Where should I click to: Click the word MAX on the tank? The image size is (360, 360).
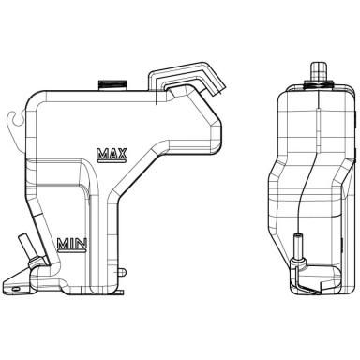pos(112,153)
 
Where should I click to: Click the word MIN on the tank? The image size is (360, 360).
pos(72,244)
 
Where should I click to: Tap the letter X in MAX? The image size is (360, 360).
pos(122,153)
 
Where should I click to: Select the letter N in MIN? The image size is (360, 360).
pos(82,244)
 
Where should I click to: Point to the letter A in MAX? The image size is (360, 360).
pos(112,153)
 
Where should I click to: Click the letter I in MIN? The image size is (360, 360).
pos(72,244)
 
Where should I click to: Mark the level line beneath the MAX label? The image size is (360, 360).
pos(112,161)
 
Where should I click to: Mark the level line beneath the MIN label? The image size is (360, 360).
pos(72,250)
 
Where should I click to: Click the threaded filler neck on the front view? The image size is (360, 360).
pos(112,85)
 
